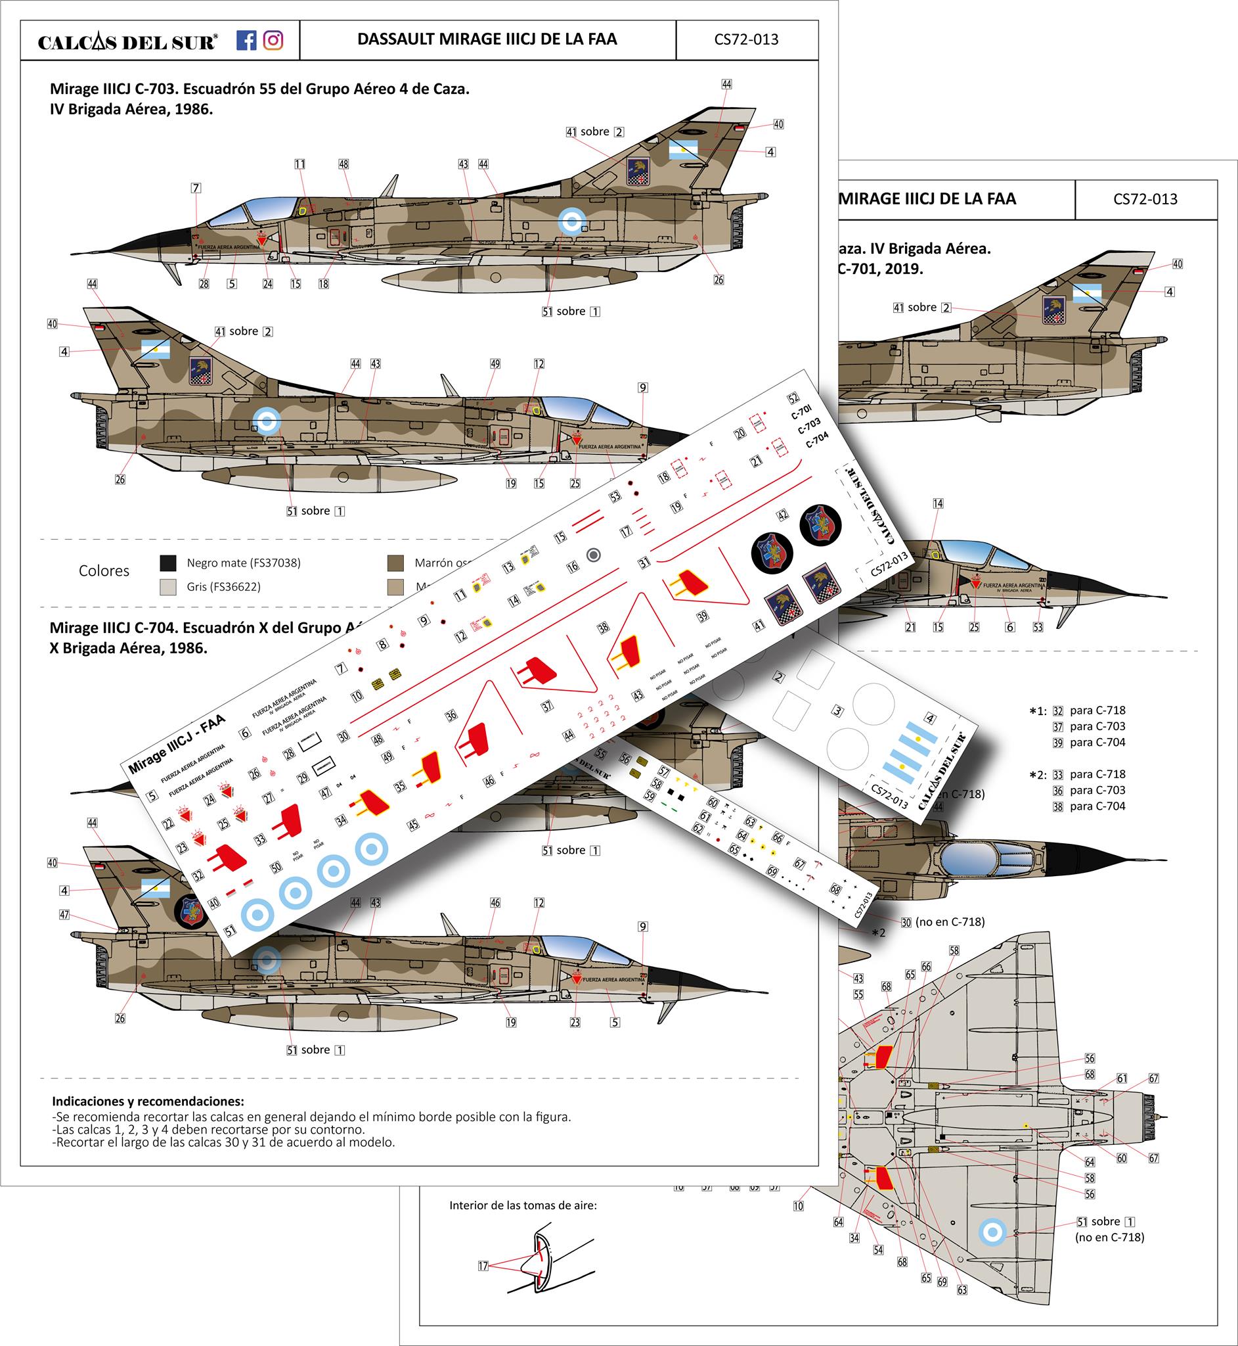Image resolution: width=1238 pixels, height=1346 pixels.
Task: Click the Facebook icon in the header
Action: click(246, 40)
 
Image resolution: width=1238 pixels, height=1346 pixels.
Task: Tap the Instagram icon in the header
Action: click(273, 40)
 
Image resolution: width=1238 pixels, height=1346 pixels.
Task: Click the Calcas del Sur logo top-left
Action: click(127, 42)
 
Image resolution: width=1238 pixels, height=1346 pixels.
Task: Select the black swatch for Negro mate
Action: click(168, 563)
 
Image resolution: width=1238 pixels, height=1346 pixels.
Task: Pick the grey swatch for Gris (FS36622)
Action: click(168, 586)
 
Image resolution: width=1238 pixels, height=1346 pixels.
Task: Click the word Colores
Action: click(104, 570)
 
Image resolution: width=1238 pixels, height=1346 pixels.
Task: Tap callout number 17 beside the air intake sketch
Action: click(483, 1266)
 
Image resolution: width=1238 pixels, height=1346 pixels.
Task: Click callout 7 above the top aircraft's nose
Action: click(196, 189)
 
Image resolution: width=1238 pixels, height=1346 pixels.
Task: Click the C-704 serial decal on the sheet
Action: click(816, 440)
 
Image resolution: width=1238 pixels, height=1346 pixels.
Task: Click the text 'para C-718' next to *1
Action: click(1097, 710)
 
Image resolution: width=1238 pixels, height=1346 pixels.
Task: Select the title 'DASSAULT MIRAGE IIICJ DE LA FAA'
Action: click(487, 39)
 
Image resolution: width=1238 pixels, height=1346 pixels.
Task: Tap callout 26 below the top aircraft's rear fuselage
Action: click(718, 279)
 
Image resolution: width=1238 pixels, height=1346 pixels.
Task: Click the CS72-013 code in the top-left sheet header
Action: click(746, 39)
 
